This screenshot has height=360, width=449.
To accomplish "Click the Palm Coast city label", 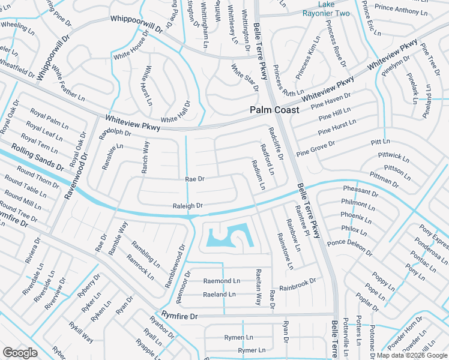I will [274, 110].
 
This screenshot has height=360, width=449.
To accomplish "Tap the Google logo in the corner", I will [20, 352].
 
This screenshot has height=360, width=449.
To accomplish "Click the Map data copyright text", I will [412, 355].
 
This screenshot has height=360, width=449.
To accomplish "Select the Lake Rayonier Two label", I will [334, 8].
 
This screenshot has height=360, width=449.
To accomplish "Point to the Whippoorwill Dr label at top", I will [136, 24].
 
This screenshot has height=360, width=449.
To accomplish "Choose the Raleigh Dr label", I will [188, 205].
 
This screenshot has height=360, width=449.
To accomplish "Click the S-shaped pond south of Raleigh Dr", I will [228, 236].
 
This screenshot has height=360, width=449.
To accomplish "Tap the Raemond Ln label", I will [221, 281].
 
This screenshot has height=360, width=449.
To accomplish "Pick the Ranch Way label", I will [145, 157].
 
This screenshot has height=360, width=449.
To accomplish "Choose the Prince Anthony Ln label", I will [401, 10].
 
